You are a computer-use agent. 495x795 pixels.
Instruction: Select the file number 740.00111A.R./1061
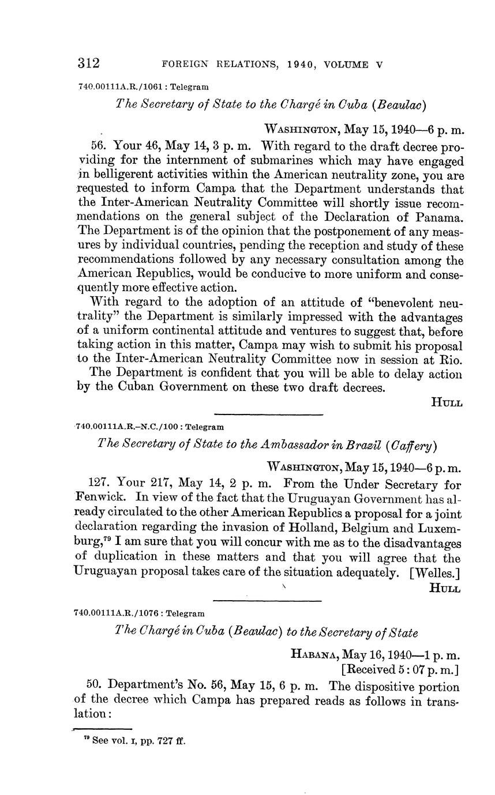click(x=116, y=87)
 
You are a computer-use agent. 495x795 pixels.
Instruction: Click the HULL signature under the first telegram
click(x=447, y=403)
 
